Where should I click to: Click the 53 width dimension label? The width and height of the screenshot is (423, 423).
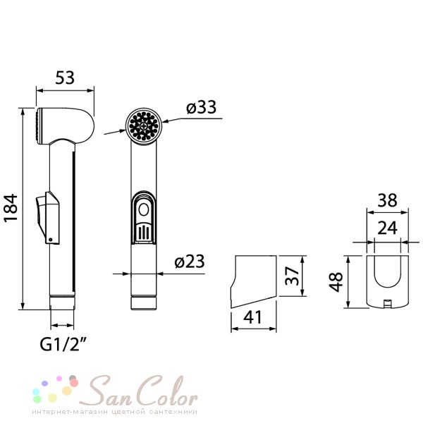65,78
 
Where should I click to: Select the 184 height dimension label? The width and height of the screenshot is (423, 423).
11,208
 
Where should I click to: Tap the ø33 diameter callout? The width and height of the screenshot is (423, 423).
201,107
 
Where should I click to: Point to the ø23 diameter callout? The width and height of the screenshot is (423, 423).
190,262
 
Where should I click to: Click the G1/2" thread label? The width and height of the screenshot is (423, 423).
63,344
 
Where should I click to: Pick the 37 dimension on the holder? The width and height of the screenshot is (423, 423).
292,276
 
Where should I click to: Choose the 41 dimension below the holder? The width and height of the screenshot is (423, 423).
252,317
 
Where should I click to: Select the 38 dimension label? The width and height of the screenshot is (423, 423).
387,200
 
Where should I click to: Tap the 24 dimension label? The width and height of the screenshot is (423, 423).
388,228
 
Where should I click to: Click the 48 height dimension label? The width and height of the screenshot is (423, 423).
336,282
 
